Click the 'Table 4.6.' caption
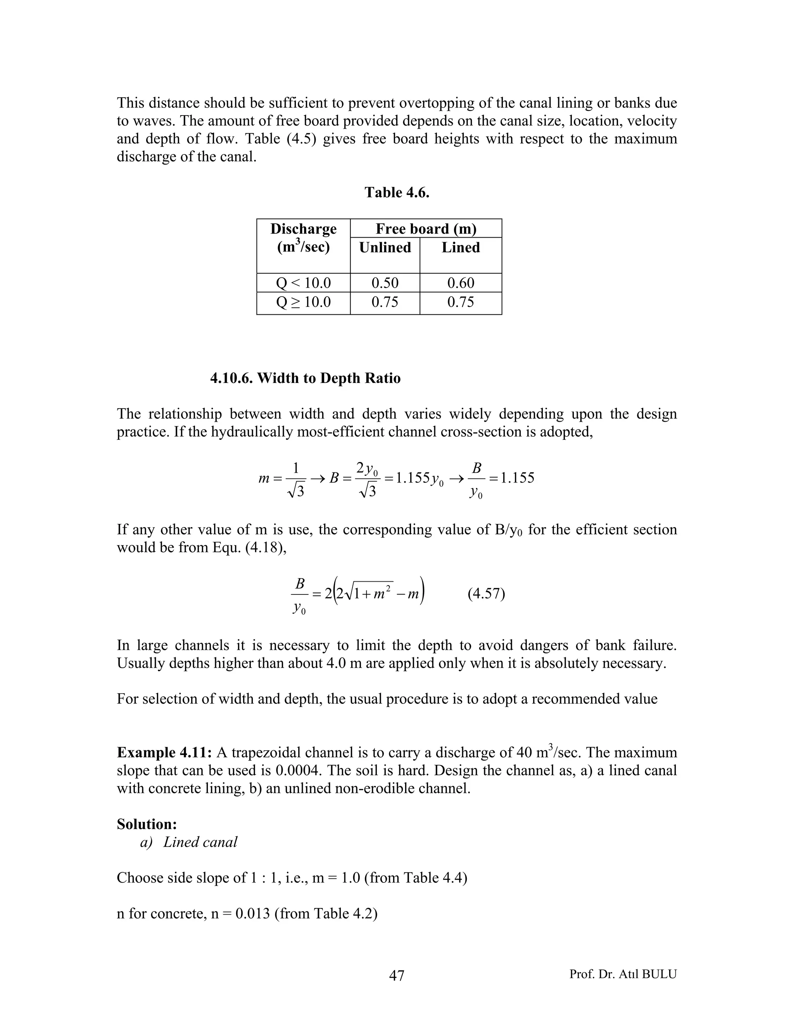pyautogui.click(x=397, y=192)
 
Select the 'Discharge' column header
pyautogui.click(x=304, y=229)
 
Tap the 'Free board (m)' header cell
pyautogui.click(x=426, y=229)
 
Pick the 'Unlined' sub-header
pyautogui.click(x=385, y=247)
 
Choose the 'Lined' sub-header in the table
pyautogui.click(x=461, y=247)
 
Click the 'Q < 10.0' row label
pyautogui.click(x=304, y=283)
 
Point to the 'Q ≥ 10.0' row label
pyautogui.click(x=304, y=302)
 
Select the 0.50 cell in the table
pyautogui.click(x=385, y=283)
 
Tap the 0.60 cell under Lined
pyautogui.click(x=461, y=283)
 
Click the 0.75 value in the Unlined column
pyautogui.click(x=385, y=302)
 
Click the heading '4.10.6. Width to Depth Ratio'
pyautogui.click(x=305, y=378)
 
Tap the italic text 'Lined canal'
pyautogui.click(x=200, y=842)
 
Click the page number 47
pyautogui.click(x=397, y=975)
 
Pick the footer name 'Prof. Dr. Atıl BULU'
pyautogui.click(x=623, y=974)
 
